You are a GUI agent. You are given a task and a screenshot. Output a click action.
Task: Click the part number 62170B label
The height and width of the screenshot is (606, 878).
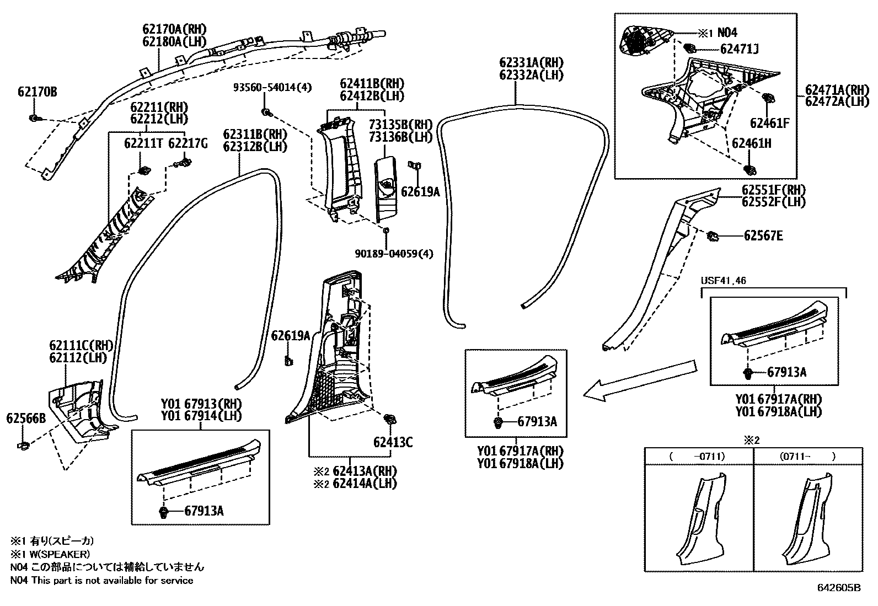click(37, 92)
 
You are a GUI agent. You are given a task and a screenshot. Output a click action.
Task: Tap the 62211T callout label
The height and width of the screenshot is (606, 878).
click(143, 144)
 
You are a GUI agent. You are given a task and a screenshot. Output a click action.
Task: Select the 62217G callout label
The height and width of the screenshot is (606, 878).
click(188, 144)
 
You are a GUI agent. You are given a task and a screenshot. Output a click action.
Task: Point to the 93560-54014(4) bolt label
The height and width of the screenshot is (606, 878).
click(272, 87)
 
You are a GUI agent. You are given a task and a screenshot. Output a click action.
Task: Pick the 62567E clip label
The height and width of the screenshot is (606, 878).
click(763, 236)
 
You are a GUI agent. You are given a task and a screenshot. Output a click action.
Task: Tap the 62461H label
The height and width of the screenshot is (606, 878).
click(751, 143)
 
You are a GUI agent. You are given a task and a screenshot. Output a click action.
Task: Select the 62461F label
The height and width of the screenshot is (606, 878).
click(769, 123)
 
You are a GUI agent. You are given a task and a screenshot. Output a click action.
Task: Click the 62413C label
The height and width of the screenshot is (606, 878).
click(393, 442)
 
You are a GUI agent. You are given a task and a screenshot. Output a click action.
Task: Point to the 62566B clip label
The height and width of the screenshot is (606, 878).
click(26, 419)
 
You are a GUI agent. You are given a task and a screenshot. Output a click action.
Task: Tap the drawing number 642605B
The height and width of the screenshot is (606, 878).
click(838, 588)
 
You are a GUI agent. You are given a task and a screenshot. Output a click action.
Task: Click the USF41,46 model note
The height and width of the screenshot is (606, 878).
click(723, 281)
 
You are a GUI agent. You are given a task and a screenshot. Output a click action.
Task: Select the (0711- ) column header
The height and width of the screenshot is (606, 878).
click(807, 456)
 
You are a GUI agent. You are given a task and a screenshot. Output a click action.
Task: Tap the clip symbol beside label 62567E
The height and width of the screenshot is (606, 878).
click(713, 236)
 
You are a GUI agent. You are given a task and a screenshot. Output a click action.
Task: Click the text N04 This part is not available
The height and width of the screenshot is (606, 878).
click(102, 580)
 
